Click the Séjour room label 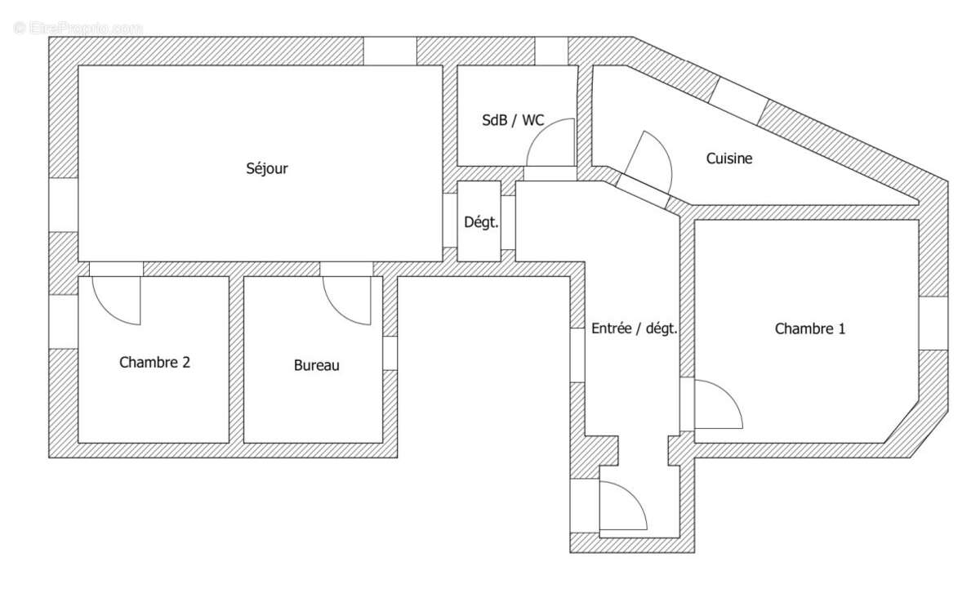(x=267, y=169)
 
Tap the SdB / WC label (x=512, y=120)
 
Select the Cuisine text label (x=729, y=158)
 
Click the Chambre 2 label (x=154, y=362)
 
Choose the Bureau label (x=316, y=366)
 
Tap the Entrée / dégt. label (x=634, y=329)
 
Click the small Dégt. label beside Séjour (x=480, y=222)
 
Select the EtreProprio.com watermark (x=78, y=28)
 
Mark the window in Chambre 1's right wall (x=933, y=322)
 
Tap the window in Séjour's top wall (x=390, y=51)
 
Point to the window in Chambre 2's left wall (x=64, y=320)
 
